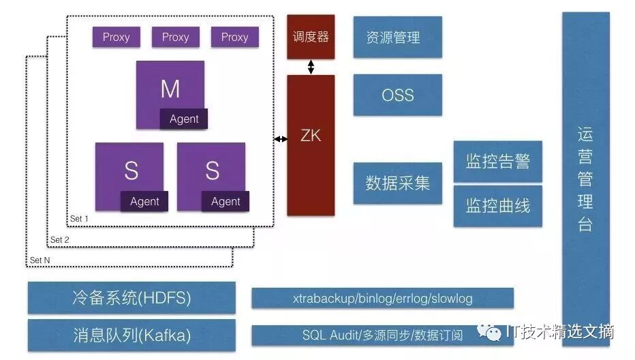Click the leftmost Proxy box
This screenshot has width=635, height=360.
pyautogui.click(x=116, y=37)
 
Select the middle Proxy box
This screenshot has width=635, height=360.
pyautogui.click(x=175, y=37)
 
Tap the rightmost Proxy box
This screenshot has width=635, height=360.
pyautogui.click(x=234, y=37)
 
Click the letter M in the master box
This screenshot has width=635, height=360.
pyautogui.click(x=170, y=89)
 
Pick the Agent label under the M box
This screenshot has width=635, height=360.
pyautogui.click(x=184, y=119)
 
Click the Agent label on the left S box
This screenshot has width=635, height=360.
pyautogui.click(x=144, y=201)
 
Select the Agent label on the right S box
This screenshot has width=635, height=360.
pyautogui.click(x=226, y=201)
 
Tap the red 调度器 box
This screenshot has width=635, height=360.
pyautogui.click(x=311, y=37)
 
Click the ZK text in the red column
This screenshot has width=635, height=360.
pyautogui.click(x=311, y=136)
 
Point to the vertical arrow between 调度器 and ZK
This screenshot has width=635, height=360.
pyautogui.click(x=311, y=67)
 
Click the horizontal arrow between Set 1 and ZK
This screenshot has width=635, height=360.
pyautogui.click(x=280, y=139)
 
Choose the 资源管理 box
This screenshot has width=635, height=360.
pyautogui.click(x=397, y=37)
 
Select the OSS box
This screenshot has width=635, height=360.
pyautogui.click(x=397, y=95)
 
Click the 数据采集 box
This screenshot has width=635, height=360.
pyautogui.click(x=397, y=183)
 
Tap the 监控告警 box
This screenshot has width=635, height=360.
pyautogui.click(x=497, y=162)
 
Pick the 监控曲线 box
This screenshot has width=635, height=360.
pyautogui.click(x=497, y=206)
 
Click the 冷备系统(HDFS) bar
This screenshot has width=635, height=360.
pyautogui.click(x=131, y=298)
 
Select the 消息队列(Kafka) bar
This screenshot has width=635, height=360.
pyautogui.click(x=131, y=335)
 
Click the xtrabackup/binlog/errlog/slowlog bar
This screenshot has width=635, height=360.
pyautogui.click(x=382, y=298)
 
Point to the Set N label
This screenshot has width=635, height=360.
pyautogui.click(x=40, y=260)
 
